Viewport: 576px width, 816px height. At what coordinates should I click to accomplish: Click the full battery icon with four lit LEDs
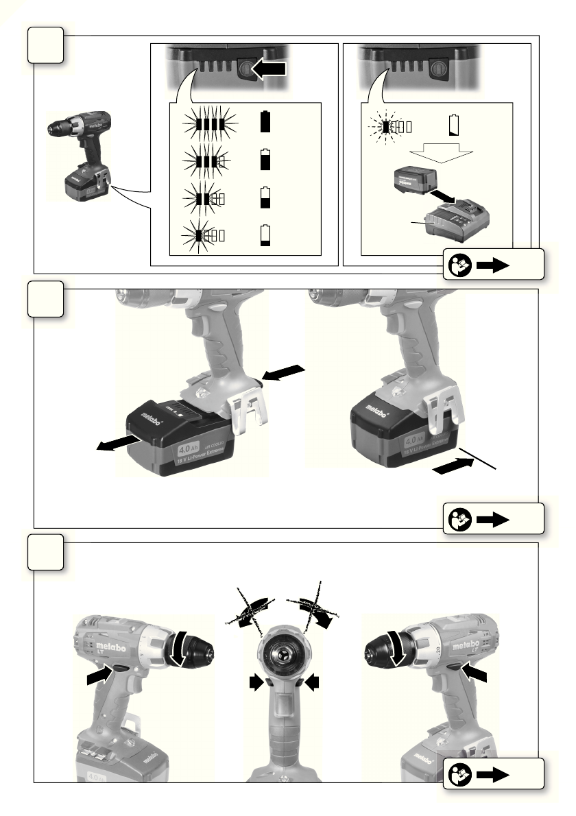[x=266, y=123]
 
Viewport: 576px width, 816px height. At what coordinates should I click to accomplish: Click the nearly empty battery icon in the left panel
[x=266, y=236]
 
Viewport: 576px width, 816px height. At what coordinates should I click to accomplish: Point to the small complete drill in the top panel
[x=80, y=154]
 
